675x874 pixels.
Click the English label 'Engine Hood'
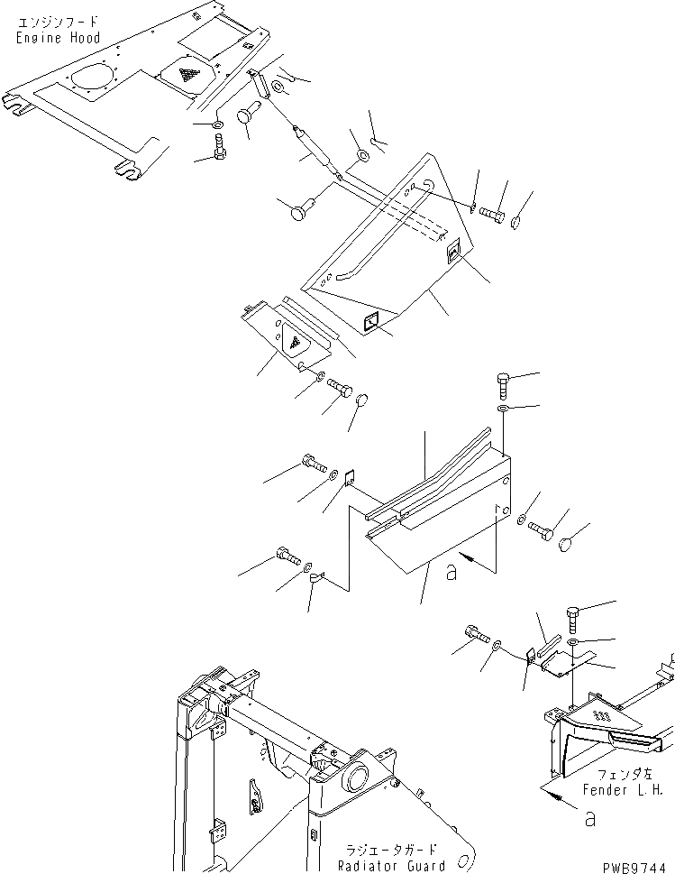58,38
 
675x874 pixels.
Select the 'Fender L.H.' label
630,790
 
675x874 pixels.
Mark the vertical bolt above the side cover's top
506,386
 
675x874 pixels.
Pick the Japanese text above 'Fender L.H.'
630,774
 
